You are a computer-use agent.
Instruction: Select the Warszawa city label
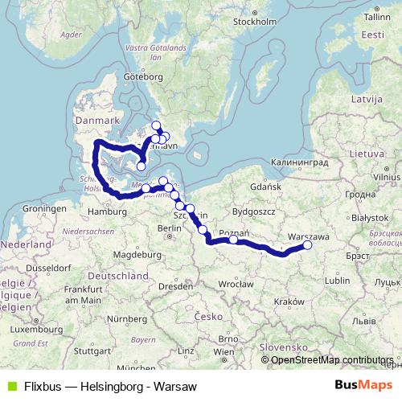307,237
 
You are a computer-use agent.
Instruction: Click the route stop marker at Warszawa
306,246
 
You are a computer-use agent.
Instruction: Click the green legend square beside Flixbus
9,387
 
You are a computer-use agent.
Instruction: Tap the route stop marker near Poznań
233,240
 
